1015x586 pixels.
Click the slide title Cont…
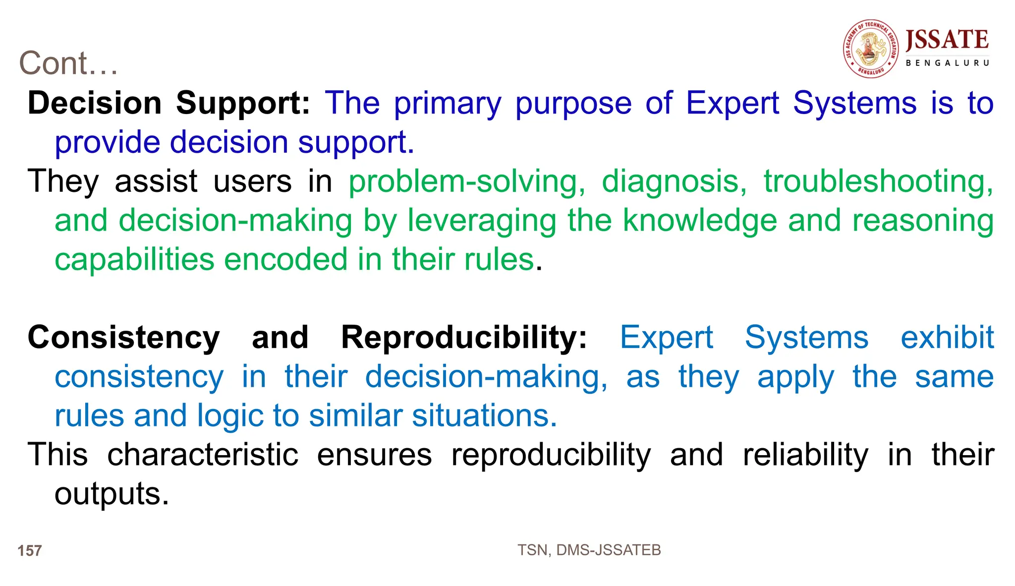point(68,63)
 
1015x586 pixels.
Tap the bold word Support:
point(243,103)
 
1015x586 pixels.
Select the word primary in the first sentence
point(448,104)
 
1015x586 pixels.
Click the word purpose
point(573,104)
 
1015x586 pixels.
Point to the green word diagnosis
point(674,182)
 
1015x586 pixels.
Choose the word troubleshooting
point(878,182)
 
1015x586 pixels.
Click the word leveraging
point(482,221)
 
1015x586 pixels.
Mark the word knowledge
point(699,220)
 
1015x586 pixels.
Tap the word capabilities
point(134,260)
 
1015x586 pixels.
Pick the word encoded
point(285,260)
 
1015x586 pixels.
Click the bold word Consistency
point(123,338)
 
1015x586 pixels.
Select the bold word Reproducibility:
point(464,338)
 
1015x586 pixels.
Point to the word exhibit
point(947,338)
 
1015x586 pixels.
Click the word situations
point(484,415)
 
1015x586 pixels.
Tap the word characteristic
point(203,455)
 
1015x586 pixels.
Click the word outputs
point(112,494)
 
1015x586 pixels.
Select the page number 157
point(30,551)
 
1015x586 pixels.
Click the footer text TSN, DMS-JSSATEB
point(589,550)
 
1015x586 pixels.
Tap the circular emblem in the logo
point(871,49)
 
